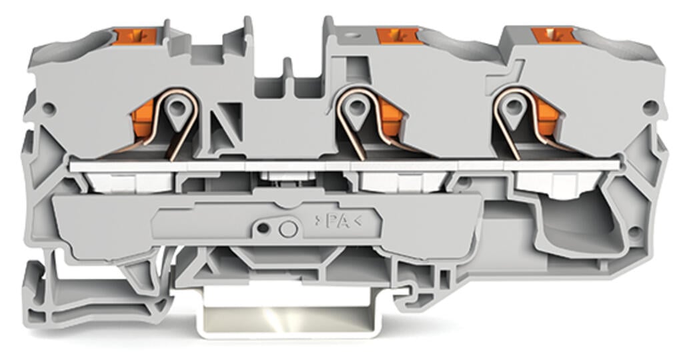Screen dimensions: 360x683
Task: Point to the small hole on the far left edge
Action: tap(49, 107)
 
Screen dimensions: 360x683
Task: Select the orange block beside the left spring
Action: tap(143, 121)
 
